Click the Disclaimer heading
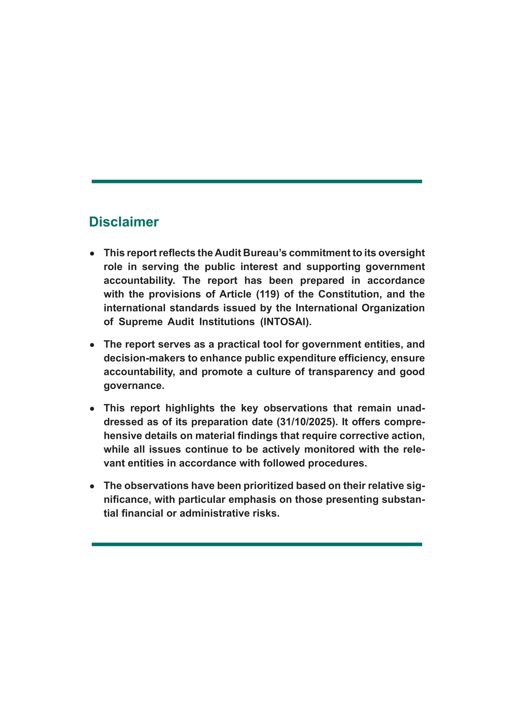pyautogui.click(x=124, y=222)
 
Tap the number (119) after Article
pyautogui.click(x=268, y=294)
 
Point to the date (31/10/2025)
pyautogui.click(x=306, y=422)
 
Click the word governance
pyautogui.click(x=134, y=386)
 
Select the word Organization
pyautogui.click(x=393, y=308)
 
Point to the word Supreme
pyautogui.click(x=140, y=322)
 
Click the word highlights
pyautogui.click(x=190, y=408)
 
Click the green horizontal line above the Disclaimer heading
pyautogui.click(x=257, y=182)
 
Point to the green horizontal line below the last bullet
pyautogui.click(x=257, y=544)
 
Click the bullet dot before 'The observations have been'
pyautogui.click(x=92, y=486)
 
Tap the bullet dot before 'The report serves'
pyautogui.click(x=92, y=345)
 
